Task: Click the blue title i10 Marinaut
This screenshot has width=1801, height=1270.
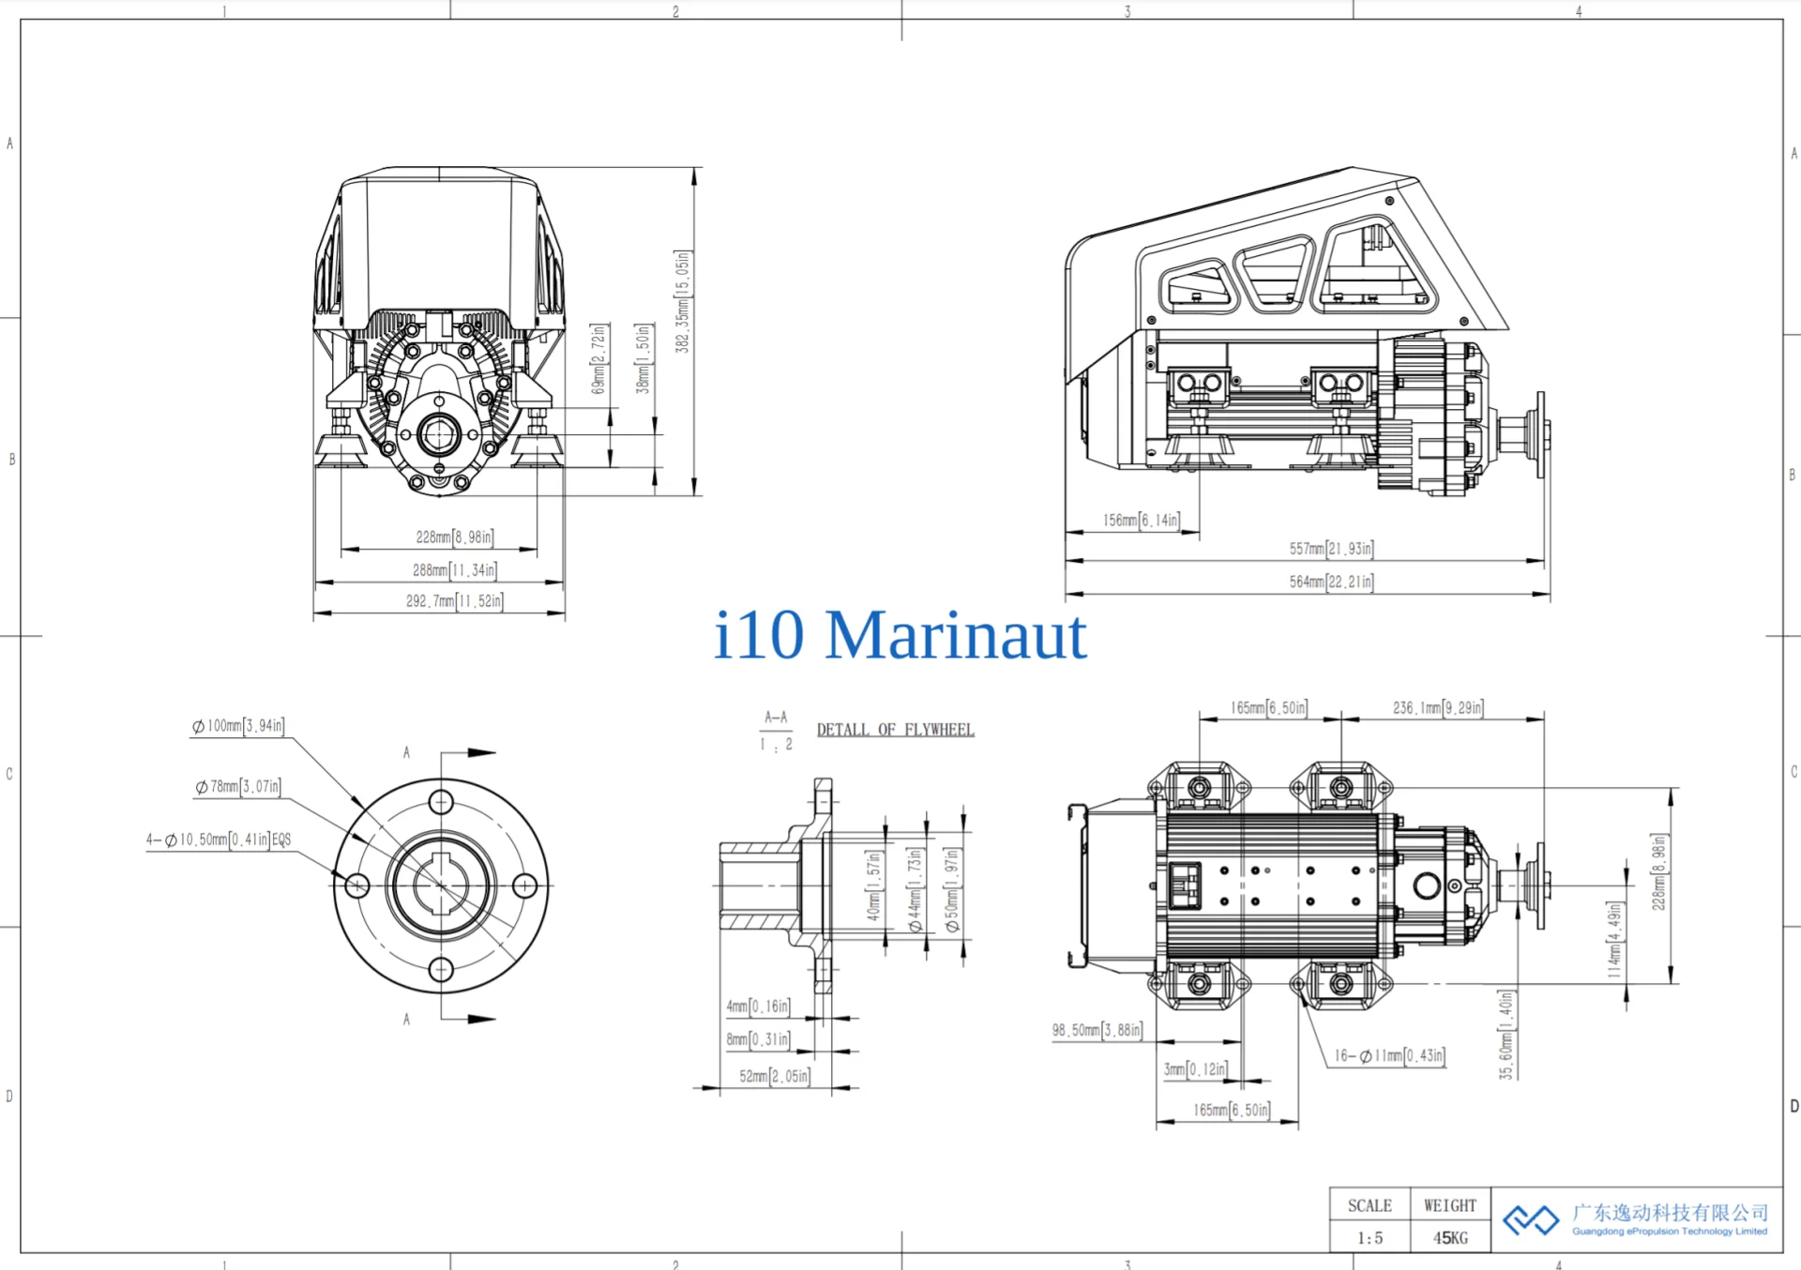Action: (900, 635)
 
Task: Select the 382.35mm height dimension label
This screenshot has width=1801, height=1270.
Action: (682, 301)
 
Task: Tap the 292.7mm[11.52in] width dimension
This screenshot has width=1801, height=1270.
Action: (454, 601)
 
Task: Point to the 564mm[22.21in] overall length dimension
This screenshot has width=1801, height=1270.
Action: (1331, 582)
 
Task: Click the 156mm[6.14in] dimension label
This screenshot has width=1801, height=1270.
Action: (1141, 520)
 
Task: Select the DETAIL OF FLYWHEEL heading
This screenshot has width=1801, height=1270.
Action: (895, 730)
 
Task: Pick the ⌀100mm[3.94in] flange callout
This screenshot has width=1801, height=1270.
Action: (238, 726)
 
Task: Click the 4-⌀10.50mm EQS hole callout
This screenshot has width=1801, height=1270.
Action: (218, 839)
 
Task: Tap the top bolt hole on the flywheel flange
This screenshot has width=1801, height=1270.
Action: (441, 803)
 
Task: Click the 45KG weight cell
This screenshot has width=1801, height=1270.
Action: (1449, 1238)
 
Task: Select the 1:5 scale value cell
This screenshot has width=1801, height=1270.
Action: (1370, 1238)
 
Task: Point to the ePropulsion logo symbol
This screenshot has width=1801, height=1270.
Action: (1531, 1219)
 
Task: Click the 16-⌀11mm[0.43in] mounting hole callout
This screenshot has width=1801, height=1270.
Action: (1389, 1056)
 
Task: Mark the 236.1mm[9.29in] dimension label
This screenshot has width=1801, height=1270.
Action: (1437, 708)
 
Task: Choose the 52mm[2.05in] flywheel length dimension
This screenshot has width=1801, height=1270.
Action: (774, 1076)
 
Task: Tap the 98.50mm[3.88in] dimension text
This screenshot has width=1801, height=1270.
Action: (1097, 1030)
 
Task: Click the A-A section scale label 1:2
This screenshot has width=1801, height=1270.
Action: (776, 745)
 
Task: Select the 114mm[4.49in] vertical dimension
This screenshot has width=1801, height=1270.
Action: (1613, 940)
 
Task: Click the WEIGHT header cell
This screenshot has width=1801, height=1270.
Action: (1449, 1205)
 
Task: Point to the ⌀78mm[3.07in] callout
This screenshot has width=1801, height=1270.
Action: (238, 787)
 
